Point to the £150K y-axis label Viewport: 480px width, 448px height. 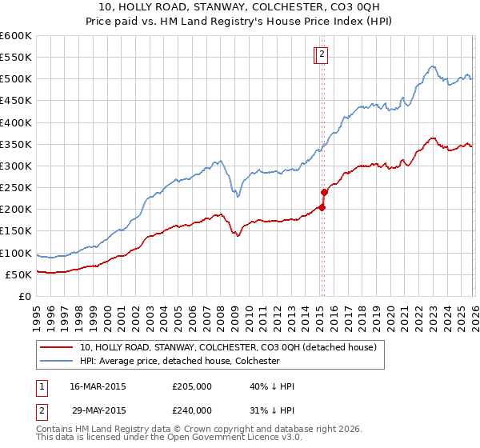(15, 231)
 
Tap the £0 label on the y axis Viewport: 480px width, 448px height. (24, 296)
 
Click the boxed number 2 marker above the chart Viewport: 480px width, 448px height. (322, 54)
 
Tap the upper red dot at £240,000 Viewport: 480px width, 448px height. (324, 192)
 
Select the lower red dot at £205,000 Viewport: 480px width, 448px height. (322, 207)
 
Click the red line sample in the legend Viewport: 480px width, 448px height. (57, 348)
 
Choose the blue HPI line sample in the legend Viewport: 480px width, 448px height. (57, 361)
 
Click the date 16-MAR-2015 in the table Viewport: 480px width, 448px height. (98, 386)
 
